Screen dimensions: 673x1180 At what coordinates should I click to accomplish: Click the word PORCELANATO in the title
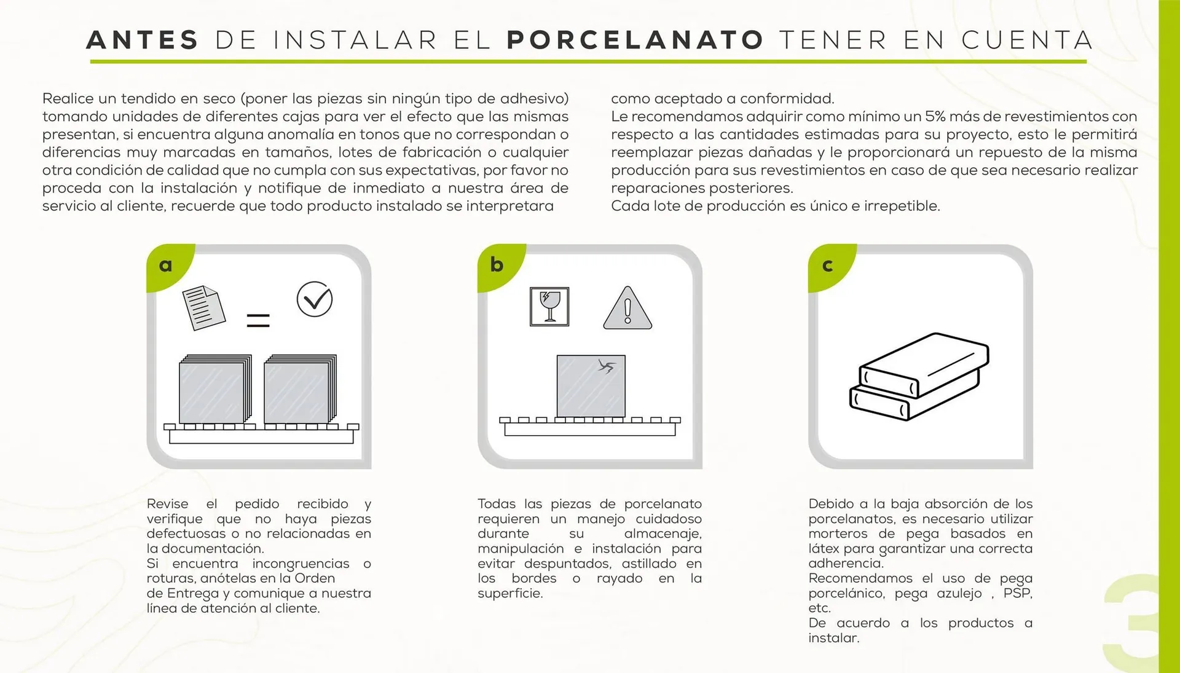(x=635, y=41)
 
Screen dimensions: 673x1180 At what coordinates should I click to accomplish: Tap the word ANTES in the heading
(x=143, y=41)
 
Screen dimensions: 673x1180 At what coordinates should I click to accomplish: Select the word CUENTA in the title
(x=1027, y=41)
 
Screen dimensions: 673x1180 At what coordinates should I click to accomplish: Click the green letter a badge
(x=166, y=266)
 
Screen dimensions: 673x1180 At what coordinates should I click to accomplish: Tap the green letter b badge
(x=497, y=265)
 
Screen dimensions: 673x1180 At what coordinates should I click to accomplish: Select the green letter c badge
(x=827, y=266)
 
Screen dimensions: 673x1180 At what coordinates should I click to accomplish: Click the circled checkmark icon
(x=314, y=299)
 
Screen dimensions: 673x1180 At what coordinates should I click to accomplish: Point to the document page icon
(x=203, y=307)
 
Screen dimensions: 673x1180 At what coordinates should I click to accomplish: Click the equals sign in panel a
(x=258, y=320)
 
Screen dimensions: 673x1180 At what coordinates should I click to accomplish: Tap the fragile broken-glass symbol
(x=549, y=306)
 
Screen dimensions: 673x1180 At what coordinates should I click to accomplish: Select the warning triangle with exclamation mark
(x=627, y=309)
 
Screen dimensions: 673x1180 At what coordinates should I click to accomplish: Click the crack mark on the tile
(x=607, y=367)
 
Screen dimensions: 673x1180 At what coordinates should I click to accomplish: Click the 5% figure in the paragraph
(x=935, y=116)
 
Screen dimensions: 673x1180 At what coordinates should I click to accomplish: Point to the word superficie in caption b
(x=509, y=593)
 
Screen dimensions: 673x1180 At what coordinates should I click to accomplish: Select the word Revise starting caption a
(x=167, y=504)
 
